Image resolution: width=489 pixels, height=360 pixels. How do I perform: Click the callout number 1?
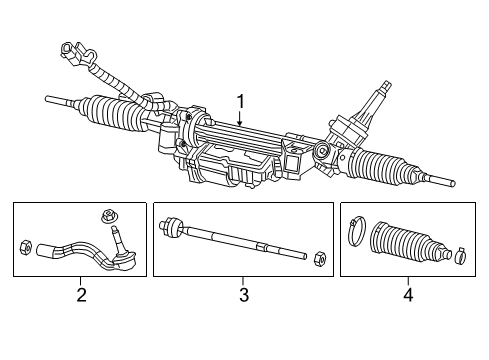tap(240, 100)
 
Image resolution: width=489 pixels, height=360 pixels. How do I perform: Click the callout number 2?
tap(81, 295)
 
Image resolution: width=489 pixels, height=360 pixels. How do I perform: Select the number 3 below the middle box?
tap(243, 295)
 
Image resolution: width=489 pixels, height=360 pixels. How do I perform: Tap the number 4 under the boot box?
tap(406, 295)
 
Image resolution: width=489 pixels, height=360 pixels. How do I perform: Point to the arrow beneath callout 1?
tap(240, 120)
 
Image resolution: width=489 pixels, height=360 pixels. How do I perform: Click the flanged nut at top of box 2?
tap(108, 215)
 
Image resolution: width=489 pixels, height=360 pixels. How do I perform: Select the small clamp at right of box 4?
tap(459, 255)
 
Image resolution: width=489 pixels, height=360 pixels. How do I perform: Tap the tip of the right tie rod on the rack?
tap(452, 184)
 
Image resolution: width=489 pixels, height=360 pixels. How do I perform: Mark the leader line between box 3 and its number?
tap(243, 281)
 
